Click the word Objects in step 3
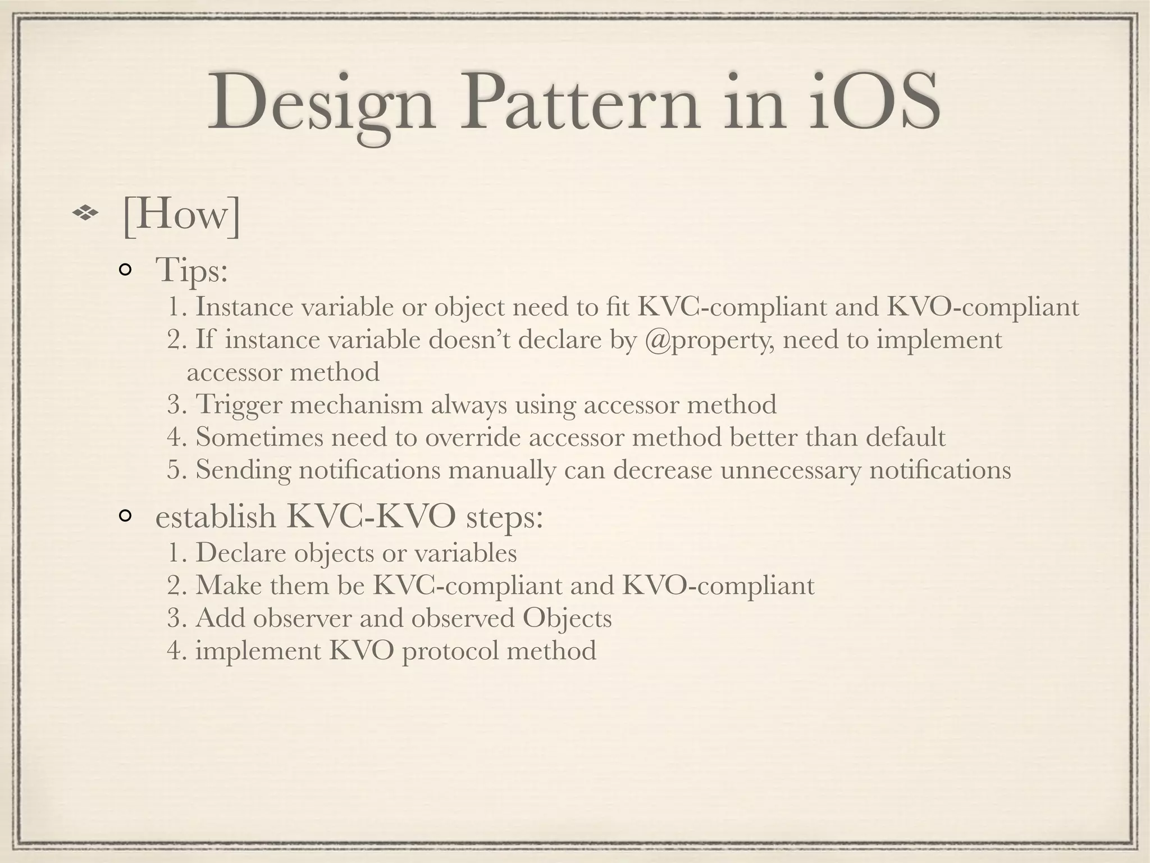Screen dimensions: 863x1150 tap(567, 619)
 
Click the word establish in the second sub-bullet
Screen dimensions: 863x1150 tap(216, 517)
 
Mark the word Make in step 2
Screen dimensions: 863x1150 tap(227, 585)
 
